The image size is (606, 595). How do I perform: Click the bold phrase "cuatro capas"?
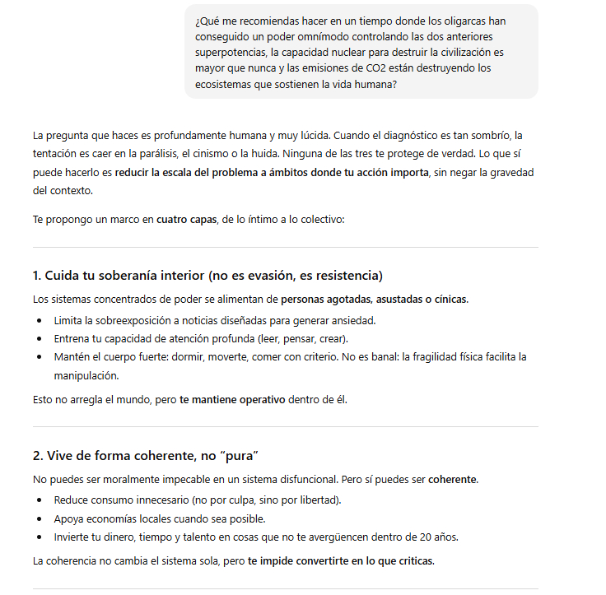click(186, 220)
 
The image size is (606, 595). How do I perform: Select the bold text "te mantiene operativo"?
click(232, 400)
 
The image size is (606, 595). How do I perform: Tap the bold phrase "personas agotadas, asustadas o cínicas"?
click(374, 299)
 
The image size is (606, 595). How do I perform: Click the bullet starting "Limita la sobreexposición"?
click(215, 319)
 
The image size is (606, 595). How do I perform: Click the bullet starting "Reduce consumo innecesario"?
click(197, 500)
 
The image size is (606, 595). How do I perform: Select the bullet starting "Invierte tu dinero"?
click(255, 537)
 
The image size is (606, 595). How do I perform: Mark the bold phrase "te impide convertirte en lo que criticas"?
click(340, 561)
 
